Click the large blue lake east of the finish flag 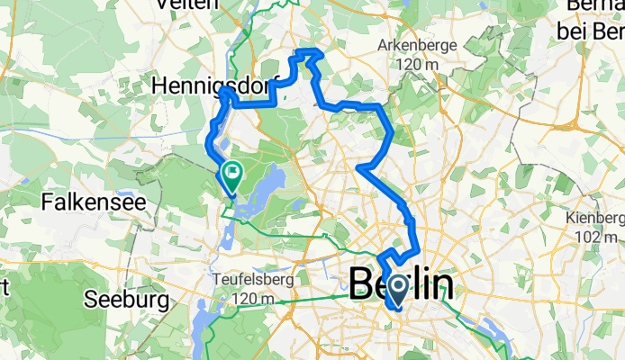[268, 184]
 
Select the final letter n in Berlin [437, 286]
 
